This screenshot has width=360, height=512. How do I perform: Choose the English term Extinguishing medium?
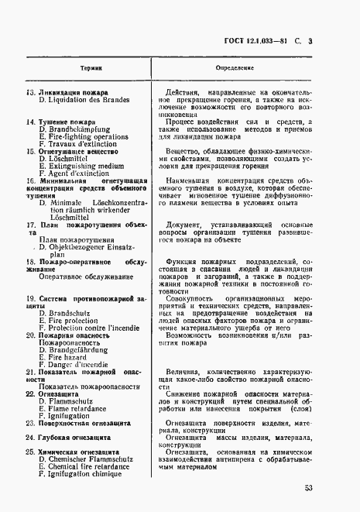pyautogui.click(x=81, y=166)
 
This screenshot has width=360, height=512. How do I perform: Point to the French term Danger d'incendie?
pyautogui.click(x=77, y=364)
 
